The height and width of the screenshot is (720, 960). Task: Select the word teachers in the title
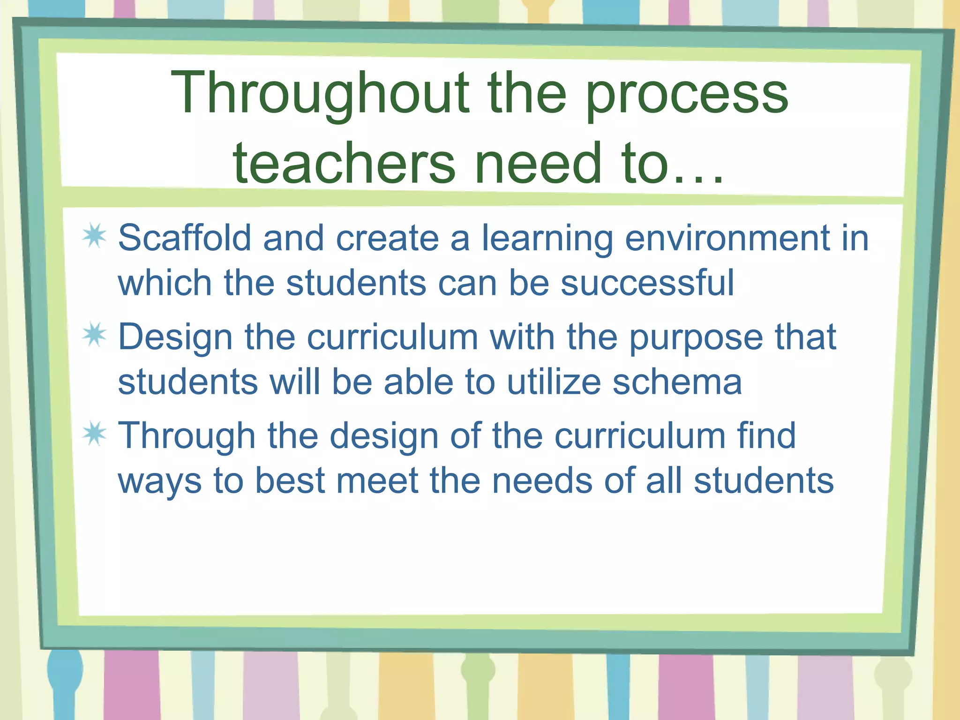344,164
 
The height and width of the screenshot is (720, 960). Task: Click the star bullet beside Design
95,335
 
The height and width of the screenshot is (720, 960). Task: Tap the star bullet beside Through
95,434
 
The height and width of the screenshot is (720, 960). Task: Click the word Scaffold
185,238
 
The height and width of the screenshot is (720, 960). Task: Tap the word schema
677,382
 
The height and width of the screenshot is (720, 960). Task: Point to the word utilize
554,382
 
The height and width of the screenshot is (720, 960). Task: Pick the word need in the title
538,164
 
